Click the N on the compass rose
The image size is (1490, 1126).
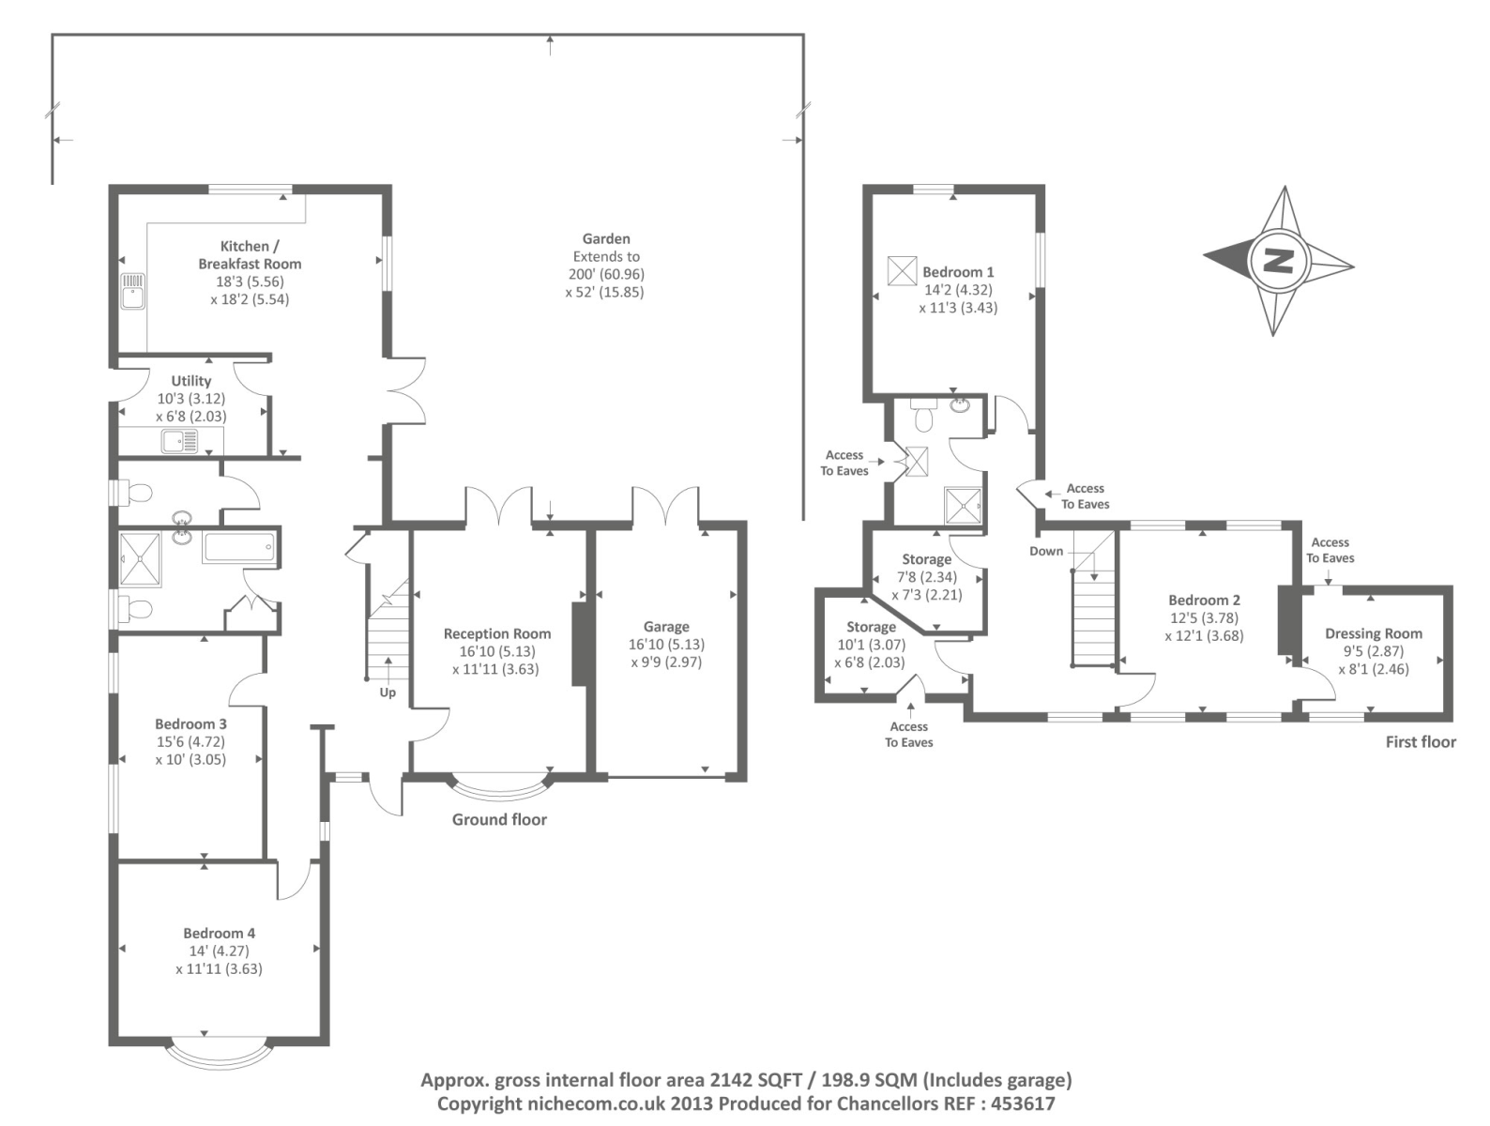point(1278,260)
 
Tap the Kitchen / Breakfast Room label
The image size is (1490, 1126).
point(250,254)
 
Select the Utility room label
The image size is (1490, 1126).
point(190,381)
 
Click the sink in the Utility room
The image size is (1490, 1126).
point(178,440)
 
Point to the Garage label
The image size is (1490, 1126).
point(666,627)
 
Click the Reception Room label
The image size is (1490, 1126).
point(497,634)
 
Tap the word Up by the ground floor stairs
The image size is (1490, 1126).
point(388,692)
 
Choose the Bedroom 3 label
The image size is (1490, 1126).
point(190,724)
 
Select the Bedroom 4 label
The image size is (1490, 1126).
point(219,934)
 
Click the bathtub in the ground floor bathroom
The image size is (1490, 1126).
point(239,547)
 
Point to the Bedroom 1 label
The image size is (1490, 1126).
point(958,272)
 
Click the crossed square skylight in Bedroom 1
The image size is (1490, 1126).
point(902,270)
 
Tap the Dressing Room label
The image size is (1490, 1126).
point(1373,634)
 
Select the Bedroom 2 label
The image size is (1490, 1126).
point(1204,601)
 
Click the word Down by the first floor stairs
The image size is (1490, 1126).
point(1046,552)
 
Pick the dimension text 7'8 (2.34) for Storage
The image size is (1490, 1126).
point(927,577)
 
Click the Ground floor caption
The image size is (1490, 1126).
point(499,820)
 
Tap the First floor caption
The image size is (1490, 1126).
point(1421,742)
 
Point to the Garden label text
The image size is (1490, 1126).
point(606,239)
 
